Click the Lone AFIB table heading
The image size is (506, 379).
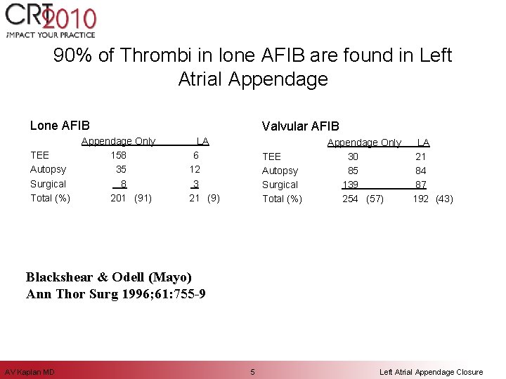(60, 126)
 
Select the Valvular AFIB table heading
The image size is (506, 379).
(300, 126)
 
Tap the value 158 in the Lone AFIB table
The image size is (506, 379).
(119, 155)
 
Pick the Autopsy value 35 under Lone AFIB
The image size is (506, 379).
(121, 169)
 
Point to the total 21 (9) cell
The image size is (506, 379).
(205, 198)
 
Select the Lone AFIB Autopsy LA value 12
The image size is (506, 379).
(195, 169)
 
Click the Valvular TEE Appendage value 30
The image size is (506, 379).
(353, 157)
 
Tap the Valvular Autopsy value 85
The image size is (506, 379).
(353, 171)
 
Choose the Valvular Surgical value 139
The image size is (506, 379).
(350, 185)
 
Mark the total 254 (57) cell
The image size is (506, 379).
(363, 199)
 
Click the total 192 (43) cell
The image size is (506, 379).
(432, 199)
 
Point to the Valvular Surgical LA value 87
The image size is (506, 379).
(421, 185)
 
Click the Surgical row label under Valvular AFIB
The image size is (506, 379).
(280, 185)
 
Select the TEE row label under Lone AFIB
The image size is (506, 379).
(39, 155)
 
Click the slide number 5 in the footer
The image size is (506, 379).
(253, 371)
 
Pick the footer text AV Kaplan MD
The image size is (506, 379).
(30, 371)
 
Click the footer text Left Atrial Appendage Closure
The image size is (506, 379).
(431, 371)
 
